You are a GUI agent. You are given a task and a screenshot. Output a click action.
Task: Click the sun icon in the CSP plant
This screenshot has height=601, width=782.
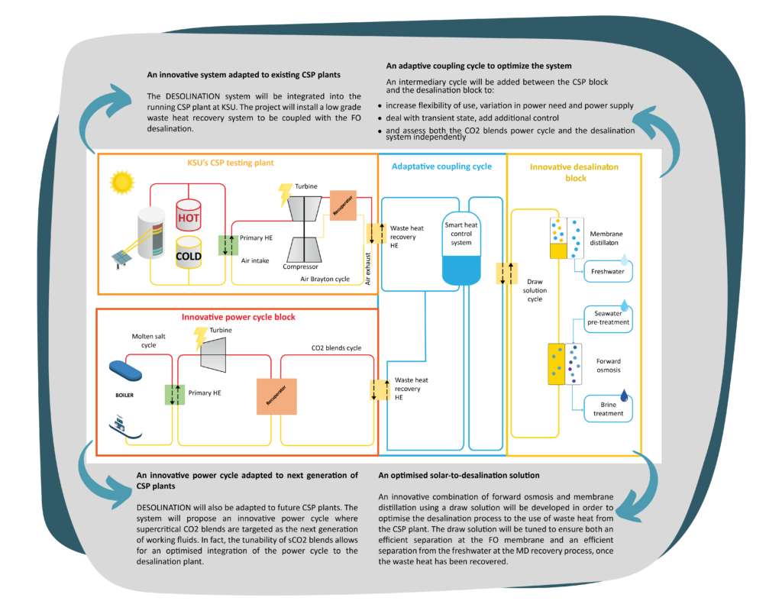121,182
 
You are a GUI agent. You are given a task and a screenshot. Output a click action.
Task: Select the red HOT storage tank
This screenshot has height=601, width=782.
189,215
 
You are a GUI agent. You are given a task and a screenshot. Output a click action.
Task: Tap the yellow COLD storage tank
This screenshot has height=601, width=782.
189,252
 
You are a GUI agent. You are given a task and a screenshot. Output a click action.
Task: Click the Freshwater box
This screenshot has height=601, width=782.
608,271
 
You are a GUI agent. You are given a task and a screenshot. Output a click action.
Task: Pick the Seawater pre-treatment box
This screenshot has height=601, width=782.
608,318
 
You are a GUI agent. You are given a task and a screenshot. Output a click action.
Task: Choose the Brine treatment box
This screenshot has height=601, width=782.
608,409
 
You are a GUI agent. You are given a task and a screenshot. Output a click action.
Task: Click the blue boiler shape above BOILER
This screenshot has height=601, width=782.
126,370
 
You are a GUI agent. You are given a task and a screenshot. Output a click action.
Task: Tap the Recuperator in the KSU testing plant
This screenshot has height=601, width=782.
343,205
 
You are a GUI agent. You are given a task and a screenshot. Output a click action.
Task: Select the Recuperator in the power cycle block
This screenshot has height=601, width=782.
276,396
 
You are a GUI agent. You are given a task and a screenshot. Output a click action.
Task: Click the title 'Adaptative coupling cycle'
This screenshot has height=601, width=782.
441,166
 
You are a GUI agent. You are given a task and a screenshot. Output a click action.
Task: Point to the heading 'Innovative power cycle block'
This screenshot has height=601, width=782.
238,317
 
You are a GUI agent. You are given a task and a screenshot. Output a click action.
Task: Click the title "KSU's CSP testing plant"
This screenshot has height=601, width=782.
231,163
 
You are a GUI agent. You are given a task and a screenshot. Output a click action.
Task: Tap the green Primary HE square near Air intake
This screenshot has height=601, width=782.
228,245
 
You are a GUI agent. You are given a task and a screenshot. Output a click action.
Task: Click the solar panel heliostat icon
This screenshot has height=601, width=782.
121,259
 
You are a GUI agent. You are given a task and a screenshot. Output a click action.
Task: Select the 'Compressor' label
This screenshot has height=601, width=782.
300,267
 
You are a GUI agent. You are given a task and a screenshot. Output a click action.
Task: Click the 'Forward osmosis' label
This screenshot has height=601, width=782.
609,366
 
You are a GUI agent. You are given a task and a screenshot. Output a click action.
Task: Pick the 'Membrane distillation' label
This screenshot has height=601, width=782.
606,238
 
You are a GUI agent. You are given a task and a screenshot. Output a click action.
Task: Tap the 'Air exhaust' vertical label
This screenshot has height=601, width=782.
368,268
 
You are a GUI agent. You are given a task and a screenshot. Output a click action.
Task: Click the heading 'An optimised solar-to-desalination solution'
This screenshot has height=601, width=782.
459,475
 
